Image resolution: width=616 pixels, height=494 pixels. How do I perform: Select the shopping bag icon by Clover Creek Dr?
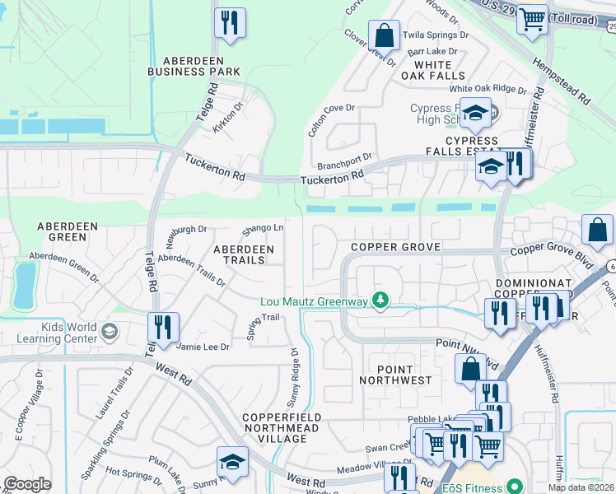384,35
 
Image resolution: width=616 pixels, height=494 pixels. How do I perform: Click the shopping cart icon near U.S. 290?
532,18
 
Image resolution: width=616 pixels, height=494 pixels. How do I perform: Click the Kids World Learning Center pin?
110,332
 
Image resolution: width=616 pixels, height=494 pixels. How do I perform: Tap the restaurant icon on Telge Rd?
163,327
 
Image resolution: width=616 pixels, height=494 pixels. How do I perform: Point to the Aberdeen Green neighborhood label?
62,231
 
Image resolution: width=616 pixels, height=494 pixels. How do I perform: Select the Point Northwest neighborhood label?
395,375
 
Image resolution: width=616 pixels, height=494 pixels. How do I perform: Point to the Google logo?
27,484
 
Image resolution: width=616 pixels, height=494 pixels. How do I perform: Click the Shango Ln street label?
262,228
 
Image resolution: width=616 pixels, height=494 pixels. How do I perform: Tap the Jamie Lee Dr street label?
203,347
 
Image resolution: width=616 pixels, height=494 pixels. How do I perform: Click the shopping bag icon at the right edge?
597,230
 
